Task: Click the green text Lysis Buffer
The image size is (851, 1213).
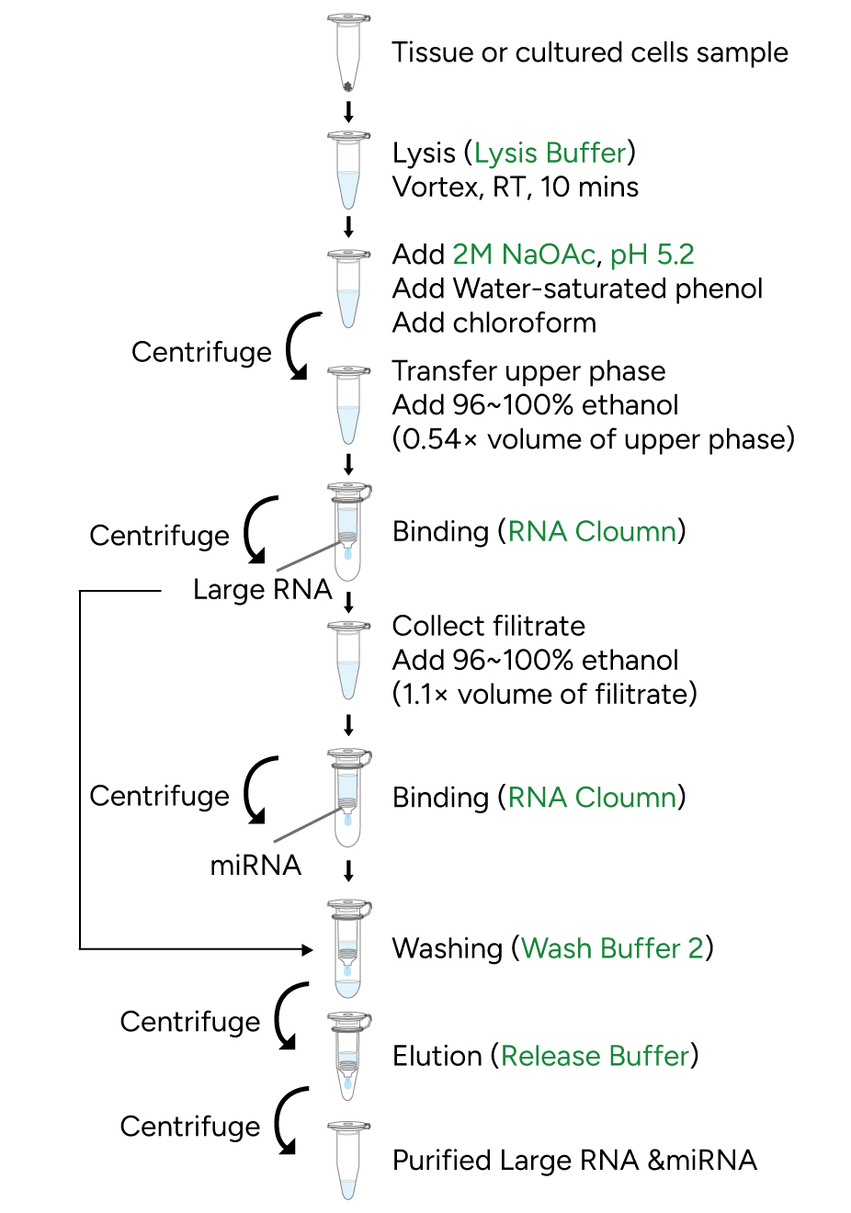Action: point(550,153)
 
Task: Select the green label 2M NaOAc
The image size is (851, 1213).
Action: point(523,255)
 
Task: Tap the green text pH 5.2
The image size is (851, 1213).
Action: point(652,255)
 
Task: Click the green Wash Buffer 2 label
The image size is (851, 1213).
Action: point(612,948)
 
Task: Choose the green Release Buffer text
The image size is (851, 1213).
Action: point(595,1056)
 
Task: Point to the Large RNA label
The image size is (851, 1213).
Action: point(262,589)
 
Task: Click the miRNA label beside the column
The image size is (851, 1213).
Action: point(255,865)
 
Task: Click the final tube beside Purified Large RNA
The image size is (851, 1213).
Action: point(348,1160)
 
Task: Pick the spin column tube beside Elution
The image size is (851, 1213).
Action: point(348,1056)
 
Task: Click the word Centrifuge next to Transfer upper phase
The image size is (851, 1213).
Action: point(201,352)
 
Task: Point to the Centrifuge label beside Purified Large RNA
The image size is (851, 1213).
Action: point(190,1127)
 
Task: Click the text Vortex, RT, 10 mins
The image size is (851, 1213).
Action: point(515,187)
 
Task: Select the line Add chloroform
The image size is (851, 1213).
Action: point(494,323)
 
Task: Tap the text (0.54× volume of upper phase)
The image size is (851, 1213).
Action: point(593,439)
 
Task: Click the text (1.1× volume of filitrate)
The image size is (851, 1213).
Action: point(544,694)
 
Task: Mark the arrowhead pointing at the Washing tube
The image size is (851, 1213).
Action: point(308,948)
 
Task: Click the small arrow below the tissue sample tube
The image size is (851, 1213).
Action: point(348,113)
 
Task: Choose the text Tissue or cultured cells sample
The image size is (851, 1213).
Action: point(589,53)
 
